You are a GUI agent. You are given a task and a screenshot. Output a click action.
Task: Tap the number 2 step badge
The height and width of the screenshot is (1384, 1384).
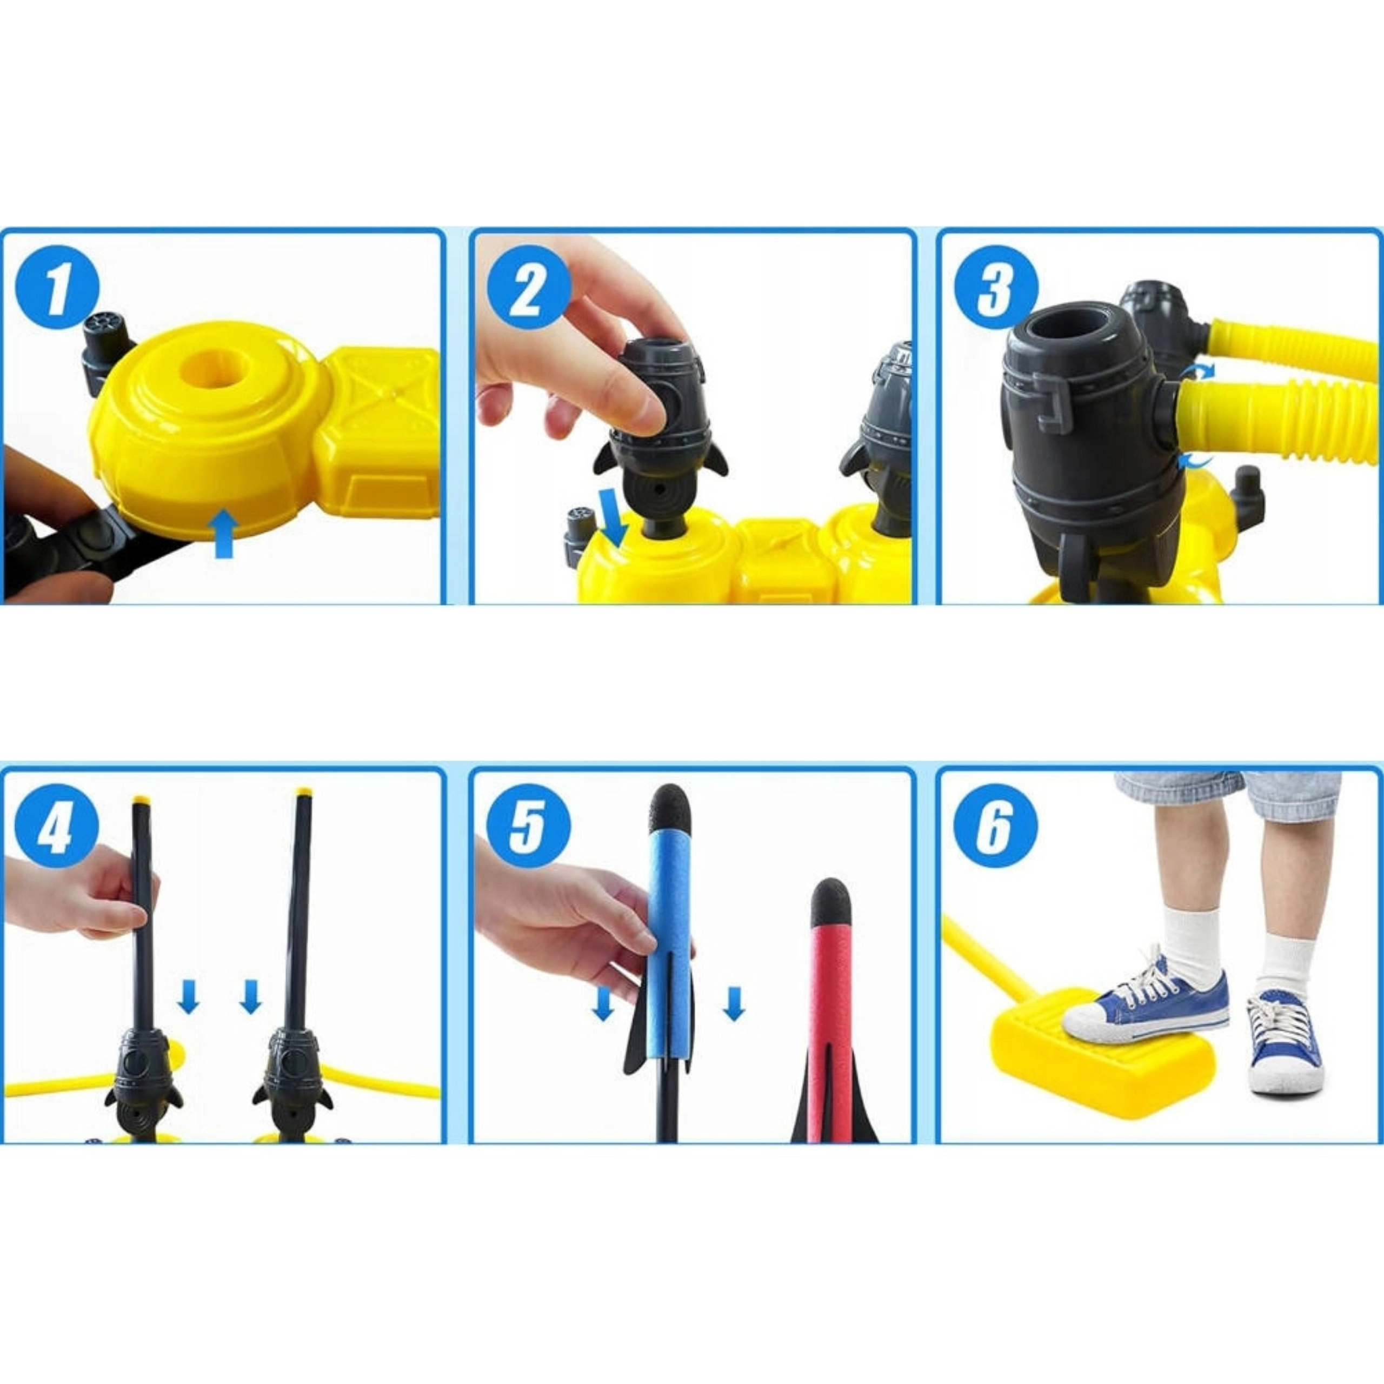click(x=529, y=288)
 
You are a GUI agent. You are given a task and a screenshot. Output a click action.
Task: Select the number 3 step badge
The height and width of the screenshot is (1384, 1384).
click(x=996, y=288)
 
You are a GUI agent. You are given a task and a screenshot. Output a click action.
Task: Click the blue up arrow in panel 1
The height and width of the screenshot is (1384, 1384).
click(x=225, y=533)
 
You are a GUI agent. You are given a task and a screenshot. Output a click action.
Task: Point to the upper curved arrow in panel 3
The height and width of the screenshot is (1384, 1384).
click(x=1196, y=370)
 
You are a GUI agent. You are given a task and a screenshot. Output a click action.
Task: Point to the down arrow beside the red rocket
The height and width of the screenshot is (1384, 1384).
click(x=734, y=1003)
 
